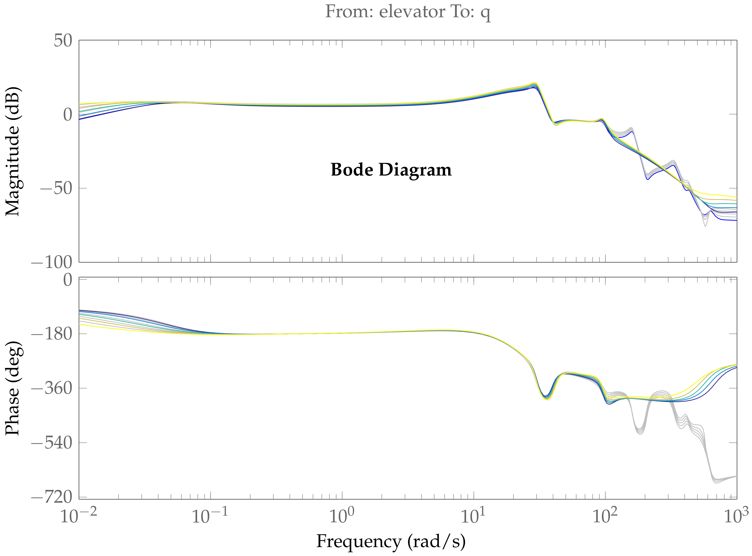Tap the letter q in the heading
coord(485,13)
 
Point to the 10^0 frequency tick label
coord(342,516)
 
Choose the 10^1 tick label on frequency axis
coord(473,516)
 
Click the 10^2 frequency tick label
coord(605,516)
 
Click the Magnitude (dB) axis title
coord(13,151)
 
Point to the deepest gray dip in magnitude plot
coord(705,226)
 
